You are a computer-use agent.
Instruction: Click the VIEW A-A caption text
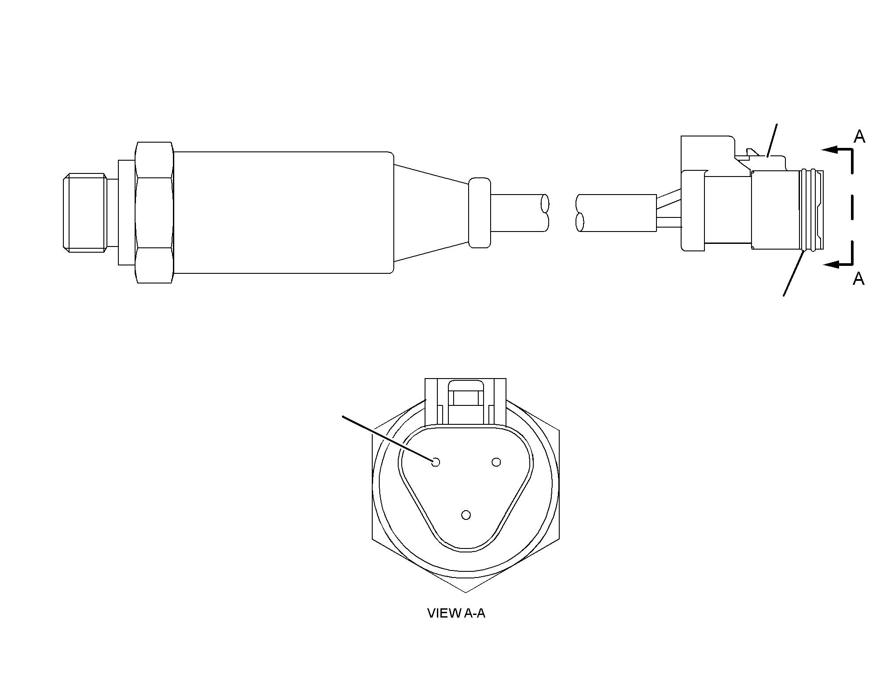coord(456,613)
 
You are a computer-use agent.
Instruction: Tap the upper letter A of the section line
coord(859,137)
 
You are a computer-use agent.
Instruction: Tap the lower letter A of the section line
coord(858,279)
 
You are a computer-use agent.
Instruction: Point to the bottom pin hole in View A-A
coord(466,515)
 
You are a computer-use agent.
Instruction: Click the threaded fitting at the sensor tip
coord(85,213)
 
